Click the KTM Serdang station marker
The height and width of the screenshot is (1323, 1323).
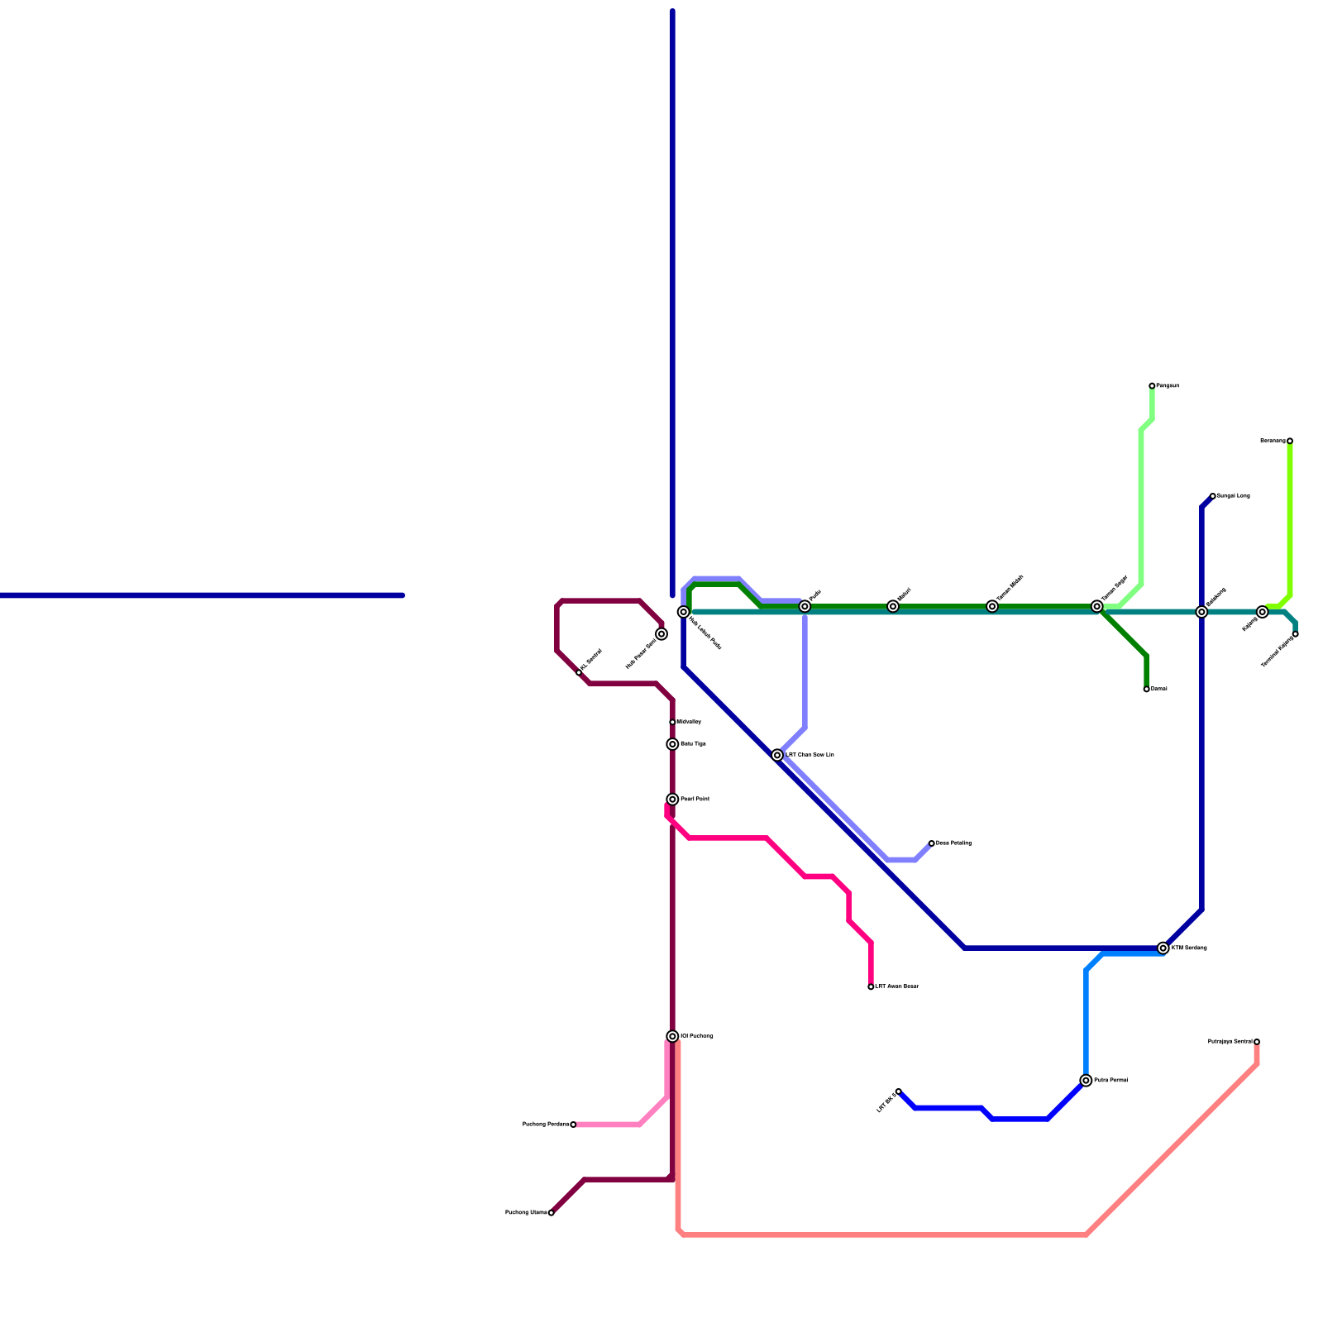(1163, 948)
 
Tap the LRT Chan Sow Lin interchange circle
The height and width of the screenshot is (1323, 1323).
(777, 755)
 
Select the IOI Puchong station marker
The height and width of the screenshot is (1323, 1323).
(673, 1036)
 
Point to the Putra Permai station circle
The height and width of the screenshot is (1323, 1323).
(1086, 1081)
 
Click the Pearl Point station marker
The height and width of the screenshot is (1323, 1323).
(673, 800)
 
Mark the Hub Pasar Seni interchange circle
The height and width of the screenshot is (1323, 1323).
(661, 634)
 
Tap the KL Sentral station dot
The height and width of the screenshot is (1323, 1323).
(579, 672)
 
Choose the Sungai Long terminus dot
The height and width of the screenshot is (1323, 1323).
(1212, 496)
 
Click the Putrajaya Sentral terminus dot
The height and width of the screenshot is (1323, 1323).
(1257, 1042)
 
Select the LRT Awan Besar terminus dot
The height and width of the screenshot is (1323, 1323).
(871, 986)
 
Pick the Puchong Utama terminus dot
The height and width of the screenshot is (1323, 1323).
(552, 1213)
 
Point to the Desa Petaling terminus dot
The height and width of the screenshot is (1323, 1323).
(931, 843)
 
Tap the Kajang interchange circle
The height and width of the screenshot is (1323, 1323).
(1263, 612)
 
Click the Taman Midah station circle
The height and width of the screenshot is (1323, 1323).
(992, 606)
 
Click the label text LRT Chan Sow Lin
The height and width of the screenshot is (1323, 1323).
(810, 755)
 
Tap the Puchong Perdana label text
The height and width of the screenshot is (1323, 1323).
(546, 1125)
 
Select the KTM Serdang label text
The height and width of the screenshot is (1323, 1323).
(1189, 948)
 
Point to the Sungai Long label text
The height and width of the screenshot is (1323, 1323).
(1233, 496)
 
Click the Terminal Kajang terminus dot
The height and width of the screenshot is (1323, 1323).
(1296, 634)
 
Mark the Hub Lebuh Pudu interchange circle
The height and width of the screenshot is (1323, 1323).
(684, 612)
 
